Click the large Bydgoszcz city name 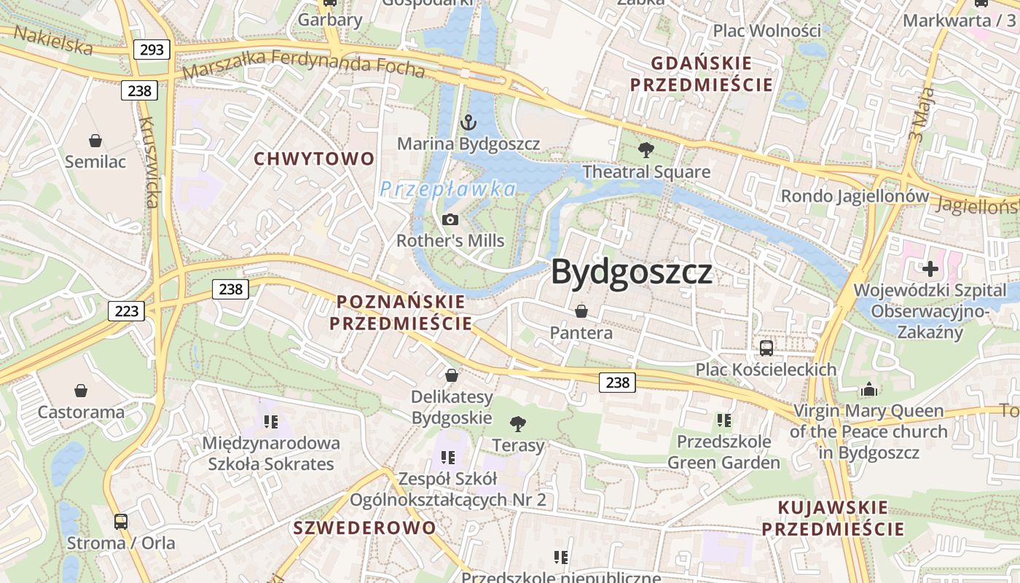point(631,272)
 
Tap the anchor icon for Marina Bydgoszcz point(468,122)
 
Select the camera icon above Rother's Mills point(450,219)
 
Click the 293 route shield point(152,50)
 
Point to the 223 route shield point(126,311)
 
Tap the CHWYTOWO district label point(314,158)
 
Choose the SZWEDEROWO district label point(364,528)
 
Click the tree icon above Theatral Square point(646,151)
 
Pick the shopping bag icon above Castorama point(81,391)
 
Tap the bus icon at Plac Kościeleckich point(766,348)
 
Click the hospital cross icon point(930,269)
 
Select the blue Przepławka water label point(447,189)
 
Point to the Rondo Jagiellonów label point(855,196)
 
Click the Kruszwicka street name point(149,162)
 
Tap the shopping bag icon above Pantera point(581,312)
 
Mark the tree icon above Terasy point(518,423)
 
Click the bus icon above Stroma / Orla point(121,522)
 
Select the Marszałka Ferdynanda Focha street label point(303,64)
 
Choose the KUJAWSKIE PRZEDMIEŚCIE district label point(833,518)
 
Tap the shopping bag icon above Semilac point(95,141)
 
